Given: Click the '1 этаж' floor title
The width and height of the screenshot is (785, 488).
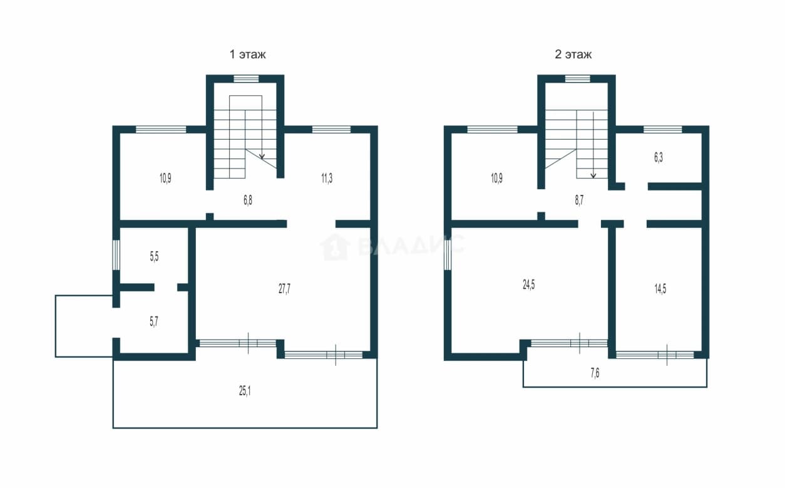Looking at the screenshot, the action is [x=247, y=55].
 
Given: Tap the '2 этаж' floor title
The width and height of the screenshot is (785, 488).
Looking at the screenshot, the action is [x=573, y=55].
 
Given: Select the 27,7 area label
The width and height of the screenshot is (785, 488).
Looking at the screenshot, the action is [x=284, y=289].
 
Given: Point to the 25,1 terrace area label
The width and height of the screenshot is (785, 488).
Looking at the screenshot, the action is [x=245, y=391].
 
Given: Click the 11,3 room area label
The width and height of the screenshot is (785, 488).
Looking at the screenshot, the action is [x=327, y=179].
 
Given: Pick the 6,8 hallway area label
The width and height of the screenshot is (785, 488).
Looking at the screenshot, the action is [x=247, y=200].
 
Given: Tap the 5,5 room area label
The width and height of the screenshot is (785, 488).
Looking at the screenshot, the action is [x=154, y=257].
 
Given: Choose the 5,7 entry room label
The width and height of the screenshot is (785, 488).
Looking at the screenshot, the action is [x=154, y=321].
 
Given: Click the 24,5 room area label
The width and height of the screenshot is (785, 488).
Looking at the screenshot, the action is [x=528, y=284].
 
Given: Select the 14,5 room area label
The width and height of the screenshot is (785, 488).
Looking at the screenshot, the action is [x=660, y=289].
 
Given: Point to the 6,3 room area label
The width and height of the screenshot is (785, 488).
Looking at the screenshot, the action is [x=659, y=157].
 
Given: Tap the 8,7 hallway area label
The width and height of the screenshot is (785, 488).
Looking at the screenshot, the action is [x=579, y=200].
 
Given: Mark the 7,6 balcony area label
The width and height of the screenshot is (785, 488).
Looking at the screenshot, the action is [x=595, y=373].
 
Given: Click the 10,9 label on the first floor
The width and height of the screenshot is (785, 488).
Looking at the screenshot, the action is [x=165, y=179].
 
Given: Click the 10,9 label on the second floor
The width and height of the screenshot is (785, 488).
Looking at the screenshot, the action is [x=496, y=179].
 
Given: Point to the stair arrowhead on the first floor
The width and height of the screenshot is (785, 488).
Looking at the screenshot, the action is [x=262, y=156].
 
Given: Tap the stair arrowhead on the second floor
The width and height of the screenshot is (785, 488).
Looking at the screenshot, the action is [x=593, y=175].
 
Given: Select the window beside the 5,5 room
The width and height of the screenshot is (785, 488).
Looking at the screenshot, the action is [x=116, y=254].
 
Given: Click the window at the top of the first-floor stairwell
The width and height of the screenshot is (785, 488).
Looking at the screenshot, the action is [x=246, y=79].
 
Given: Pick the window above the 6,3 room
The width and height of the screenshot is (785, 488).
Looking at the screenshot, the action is [x=663, y=130].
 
